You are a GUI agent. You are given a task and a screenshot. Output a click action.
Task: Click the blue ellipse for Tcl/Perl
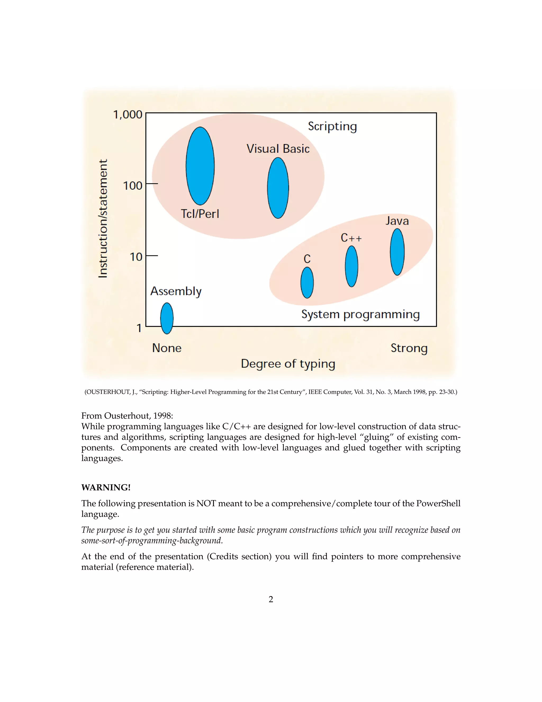pos(200,166)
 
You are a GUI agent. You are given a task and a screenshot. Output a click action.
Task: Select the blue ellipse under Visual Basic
pos(278,188)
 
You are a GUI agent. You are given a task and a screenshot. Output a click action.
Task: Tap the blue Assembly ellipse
pos(167,318)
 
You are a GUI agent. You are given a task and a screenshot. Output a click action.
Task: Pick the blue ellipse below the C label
pos(307,283)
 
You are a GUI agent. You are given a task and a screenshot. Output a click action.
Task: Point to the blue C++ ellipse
pos(352,266)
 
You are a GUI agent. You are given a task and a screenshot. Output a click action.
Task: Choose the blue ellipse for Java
pos(397,252)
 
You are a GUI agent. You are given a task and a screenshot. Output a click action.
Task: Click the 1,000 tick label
pos(128,114)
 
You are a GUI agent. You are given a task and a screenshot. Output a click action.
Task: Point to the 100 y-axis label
pos(133,185)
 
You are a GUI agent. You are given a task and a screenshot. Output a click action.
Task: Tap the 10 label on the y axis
pos(136,257)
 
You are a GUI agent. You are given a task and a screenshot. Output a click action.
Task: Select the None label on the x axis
pos(167,348)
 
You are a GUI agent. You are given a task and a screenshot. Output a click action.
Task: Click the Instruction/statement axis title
pos(103,219)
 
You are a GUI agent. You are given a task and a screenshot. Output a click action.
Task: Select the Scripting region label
pos(332,126)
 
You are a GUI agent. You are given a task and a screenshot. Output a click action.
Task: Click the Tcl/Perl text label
pos(200,214)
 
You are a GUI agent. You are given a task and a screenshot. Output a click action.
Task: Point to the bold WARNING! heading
pos(106,487)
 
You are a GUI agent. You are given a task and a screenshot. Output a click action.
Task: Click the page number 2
pos(271,599)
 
